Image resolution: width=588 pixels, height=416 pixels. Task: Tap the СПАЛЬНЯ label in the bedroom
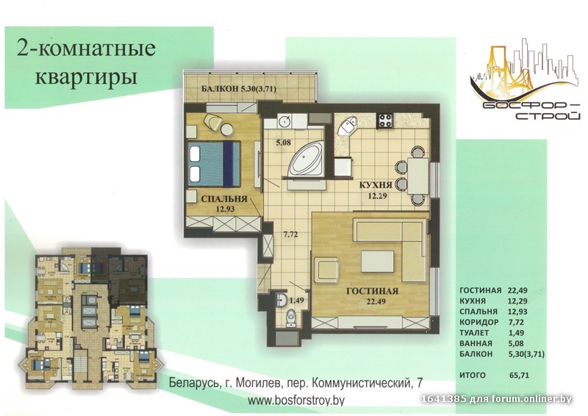click(224, 198)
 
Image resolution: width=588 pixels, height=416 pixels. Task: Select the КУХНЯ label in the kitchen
click(376, 185)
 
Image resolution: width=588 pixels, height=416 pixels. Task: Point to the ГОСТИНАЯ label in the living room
click(372, 291)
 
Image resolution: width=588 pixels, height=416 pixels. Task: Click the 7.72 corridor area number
click(290, 234)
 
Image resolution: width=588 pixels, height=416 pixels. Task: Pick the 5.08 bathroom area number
click(284, 143)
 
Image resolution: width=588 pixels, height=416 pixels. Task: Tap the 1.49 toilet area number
click(297, 300)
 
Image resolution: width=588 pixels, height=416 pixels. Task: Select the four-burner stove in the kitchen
click(385, 121)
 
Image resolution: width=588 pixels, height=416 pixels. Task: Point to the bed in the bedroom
click(214, 164)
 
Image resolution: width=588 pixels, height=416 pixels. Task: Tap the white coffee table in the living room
click(378, 262)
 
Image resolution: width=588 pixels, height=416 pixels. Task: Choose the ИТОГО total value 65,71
click(520, 375)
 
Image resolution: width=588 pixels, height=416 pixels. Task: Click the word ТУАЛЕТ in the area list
click(474, 333)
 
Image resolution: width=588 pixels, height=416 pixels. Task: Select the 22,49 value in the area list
click(517, 290)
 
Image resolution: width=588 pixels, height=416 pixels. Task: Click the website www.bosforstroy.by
click(296, 401)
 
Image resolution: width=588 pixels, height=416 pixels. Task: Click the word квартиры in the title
click(86, 77)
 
